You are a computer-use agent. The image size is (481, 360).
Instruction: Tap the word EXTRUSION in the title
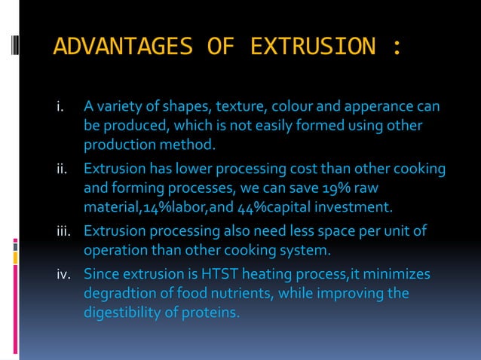(x=312, y=47)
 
